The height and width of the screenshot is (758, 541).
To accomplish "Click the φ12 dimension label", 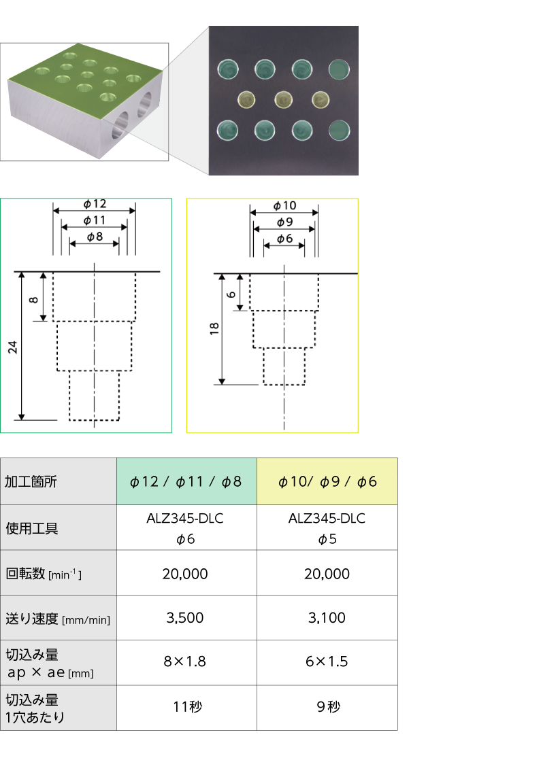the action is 95,203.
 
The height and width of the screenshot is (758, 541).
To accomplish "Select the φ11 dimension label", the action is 95,220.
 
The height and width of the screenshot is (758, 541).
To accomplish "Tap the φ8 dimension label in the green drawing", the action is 95,237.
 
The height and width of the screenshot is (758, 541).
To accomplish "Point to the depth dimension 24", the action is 12,347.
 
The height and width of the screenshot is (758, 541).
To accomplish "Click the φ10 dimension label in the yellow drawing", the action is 284,206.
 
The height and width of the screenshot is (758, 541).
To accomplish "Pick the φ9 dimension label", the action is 284,222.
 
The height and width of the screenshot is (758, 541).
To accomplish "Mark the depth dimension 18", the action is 214,329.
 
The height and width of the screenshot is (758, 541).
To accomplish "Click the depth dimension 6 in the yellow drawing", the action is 231,294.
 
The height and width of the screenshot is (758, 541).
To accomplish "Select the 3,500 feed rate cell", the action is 185,617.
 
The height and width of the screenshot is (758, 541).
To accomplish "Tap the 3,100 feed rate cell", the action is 327,617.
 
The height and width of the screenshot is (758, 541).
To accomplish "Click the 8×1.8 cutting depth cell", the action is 185,661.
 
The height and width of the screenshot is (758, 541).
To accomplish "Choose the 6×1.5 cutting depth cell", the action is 327,661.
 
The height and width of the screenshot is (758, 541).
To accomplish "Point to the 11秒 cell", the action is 187,707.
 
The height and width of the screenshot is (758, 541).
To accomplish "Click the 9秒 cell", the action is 328,707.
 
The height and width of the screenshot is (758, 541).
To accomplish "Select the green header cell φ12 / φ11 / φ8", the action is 186,481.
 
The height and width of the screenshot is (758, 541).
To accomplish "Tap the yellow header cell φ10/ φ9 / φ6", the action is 327,481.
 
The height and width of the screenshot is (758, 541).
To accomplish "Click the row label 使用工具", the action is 32,528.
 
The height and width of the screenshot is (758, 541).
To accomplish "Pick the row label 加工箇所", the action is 31,481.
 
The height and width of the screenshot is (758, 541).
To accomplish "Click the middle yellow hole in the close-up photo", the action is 284,100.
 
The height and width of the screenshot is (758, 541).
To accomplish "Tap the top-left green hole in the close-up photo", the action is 227,69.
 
